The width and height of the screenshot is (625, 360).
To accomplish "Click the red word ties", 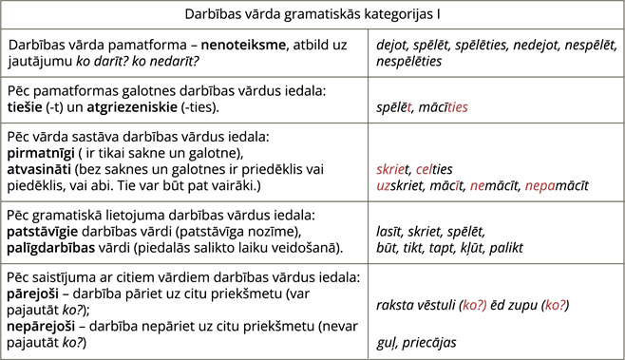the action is point(457,107).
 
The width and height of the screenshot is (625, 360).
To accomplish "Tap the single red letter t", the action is point(409,107).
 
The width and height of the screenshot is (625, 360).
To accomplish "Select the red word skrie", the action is point(390,169).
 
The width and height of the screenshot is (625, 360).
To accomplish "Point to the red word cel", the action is point(424,169).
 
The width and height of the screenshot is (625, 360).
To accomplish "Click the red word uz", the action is point(383,185).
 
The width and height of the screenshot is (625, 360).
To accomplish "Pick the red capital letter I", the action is point(457,185).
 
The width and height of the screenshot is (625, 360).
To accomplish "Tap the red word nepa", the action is point(540,185).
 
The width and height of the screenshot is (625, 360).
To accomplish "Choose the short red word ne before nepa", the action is point(477,185).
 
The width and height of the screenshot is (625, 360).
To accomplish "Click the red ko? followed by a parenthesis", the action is point(474,305).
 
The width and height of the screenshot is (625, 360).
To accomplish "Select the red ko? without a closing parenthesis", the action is point(555,305).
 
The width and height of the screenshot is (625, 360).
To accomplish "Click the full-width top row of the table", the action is point(312,14).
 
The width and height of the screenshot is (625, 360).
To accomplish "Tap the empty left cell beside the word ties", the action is point(184,100).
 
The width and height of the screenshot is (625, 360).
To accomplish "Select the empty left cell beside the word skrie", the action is point(184,161).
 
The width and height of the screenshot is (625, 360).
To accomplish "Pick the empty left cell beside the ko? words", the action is point(184,311).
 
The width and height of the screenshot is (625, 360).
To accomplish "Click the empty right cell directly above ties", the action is point(495,52).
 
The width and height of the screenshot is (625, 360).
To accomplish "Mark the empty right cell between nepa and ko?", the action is point(495,232).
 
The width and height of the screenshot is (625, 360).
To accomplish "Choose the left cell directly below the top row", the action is point(184,52).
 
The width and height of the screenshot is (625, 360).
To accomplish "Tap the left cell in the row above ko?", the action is point(184,232).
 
